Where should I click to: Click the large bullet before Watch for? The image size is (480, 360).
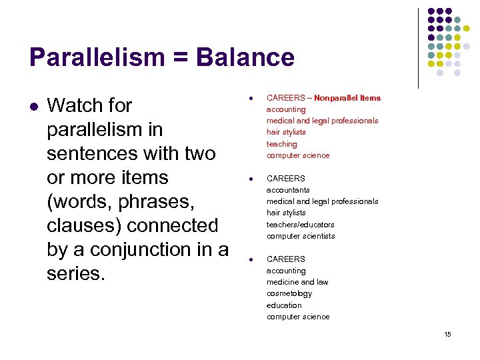click(x=33, y=106)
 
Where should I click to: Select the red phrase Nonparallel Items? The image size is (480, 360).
click(x=347, y=98)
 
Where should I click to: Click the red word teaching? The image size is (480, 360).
click(x=281, y=144)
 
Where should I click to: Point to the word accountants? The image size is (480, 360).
click(x=288, y=190)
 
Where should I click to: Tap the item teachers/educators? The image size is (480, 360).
click(x=300, y=225)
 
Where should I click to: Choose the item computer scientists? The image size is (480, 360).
click(x=301, y=236)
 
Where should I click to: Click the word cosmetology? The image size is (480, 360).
click(x=289, y=293)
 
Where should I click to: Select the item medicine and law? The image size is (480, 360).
click(x=297, y=282)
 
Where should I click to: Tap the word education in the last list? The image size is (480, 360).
click(x=284, y=305)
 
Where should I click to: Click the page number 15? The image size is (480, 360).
click(x=447, y=334)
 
